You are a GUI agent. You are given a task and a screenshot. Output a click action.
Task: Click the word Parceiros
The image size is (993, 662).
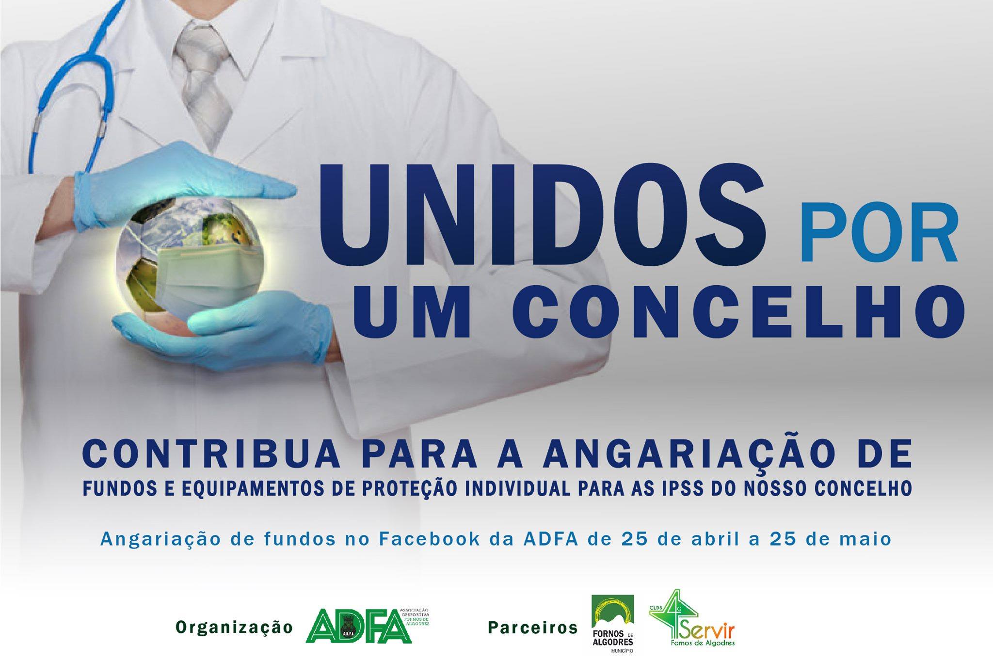[533, 628]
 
